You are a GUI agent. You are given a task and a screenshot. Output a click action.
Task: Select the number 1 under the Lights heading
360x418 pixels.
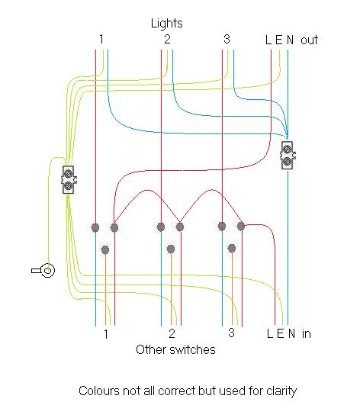[101, 39]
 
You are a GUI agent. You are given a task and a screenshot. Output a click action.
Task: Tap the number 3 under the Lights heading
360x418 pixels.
[227, 39]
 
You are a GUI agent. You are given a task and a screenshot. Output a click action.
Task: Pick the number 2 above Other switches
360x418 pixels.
[172, 334]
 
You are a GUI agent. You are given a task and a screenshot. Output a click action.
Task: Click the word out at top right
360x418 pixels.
[309, 40]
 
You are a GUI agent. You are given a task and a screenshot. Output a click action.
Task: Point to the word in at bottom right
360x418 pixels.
[306, 334]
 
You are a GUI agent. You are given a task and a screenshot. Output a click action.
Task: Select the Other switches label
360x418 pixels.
[175, 350]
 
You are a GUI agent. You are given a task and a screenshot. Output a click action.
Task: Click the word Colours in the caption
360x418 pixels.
[99, 391]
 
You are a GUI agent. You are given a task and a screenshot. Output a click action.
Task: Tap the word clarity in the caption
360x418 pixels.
[279, 391]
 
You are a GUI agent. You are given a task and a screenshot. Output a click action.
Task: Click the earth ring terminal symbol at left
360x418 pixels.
[46, 270]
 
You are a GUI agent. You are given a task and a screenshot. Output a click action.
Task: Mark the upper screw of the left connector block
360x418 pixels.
[68, 173]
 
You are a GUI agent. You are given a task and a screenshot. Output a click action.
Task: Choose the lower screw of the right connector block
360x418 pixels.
[288, 161]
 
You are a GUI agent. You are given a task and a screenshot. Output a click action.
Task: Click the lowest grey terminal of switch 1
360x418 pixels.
[105, 249]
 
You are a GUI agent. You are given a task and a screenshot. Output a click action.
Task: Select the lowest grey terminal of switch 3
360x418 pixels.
[231, 248]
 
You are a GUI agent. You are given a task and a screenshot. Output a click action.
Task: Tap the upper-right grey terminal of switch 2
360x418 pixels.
[180, 227]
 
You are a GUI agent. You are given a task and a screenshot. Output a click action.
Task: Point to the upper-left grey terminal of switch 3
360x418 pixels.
[222, 226]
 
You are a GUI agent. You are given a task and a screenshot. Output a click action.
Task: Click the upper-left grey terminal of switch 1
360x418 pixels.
[95, 227]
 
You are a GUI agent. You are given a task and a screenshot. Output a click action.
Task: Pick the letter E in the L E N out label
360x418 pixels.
[279, 40]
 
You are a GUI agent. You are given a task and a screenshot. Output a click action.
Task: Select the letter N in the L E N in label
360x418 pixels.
[290, 334]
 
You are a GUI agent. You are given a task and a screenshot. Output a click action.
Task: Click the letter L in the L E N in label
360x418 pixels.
[269, 334]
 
